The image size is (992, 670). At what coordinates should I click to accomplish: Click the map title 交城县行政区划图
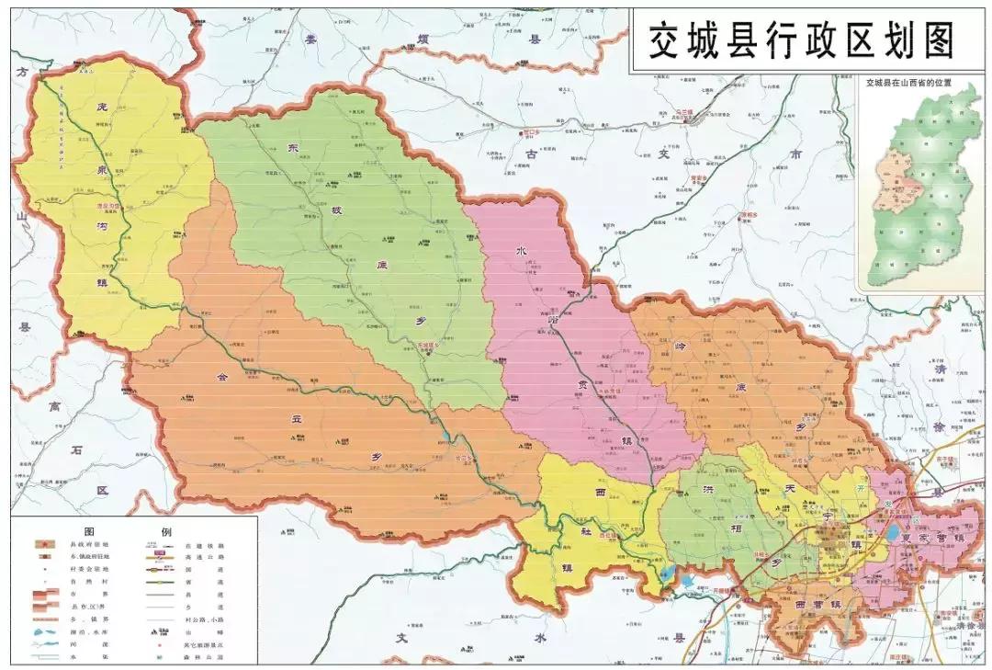802,40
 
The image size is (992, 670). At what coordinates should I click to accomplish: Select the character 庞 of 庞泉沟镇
103,107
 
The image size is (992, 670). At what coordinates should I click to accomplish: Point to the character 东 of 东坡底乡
293,147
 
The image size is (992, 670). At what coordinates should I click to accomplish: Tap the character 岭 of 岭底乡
681,345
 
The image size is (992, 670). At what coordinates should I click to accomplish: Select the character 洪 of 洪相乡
707,488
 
